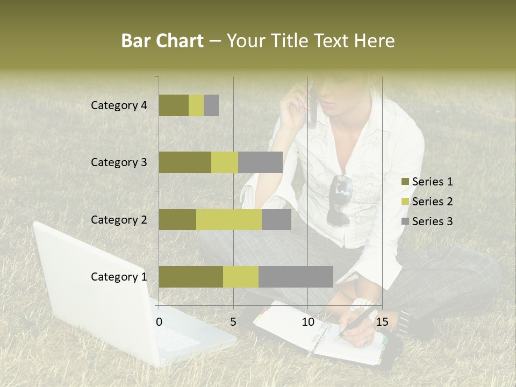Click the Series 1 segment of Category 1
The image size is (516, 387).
click(191, 277)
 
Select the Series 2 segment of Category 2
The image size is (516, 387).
click(229, 219)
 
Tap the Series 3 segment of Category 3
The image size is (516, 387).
click(260, 162)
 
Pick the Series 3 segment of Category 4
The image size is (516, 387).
click(211, 105)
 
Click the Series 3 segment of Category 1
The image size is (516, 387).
click(296, 277)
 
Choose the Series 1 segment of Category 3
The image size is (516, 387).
click(185, 162)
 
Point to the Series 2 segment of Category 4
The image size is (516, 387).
click(196, 105)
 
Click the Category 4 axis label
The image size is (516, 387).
click(119, 105)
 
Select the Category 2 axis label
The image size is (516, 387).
click(119, 219)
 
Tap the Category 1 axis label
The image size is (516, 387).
click(119, 277)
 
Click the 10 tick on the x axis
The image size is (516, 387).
click(307, 322)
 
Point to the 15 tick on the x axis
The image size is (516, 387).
click(382, 322)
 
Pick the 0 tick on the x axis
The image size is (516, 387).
click(159, 322)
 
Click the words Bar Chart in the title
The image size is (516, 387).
click(162, 41)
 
